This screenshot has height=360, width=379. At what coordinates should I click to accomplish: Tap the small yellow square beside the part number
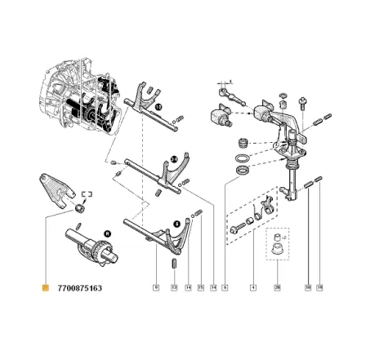point(46,288)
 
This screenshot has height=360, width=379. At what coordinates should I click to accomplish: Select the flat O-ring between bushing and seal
point(242,154)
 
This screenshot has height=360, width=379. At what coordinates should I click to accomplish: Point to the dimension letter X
point(232,82)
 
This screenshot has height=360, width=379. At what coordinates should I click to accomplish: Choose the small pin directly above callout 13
point(174,263)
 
